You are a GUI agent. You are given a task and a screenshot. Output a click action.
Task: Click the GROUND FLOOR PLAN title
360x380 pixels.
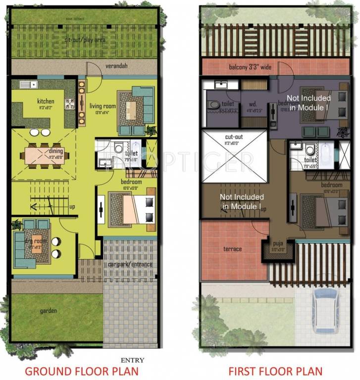pos(82,371)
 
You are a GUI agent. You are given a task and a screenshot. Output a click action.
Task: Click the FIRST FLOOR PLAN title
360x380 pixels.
pos(275,371)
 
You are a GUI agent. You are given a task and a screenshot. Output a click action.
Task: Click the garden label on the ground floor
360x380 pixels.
pos(49,311)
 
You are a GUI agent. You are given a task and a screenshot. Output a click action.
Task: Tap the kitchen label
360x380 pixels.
pos(46,101)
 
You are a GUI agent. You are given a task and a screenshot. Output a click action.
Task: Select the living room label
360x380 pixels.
pos(103,106)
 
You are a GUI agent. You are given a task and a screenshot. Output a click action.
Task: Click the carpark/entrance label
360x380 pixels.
pos(130,264)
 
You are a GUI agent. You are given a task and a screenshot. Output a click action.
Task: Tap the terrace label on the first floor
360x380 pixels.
pos(232,249)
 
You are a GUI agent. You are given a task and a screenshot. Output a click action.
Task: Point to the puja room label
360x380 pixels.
pos(277,244)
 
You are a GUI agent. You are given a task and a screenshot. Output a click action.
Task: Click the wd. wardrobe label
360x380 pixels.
pos(252,104)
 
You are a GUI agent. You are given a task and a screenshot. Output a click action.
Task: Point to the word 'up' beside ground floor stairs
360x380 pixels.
pos(72,207)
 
